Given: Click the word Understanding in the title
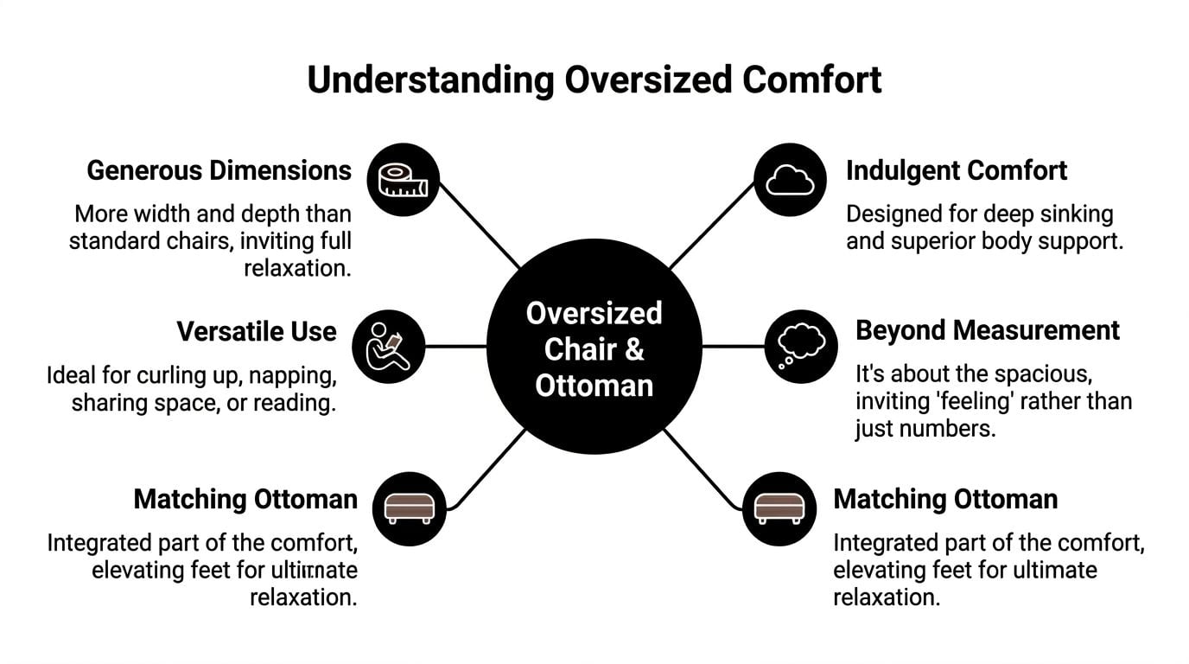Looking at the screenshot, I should click(429, 80).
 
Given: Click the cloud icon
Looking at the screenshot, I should click(790, 180).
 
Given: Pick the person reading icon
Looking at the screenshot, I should click(389, 347).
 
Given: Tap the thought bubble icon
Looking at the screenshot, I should click(800, 346).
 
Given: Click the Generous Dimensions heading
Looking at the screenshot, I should click(219, 170).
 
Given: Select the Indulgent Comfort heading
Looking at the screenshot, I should click(957, 170).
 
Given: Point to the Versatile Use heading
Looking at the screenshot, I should click(257, 331).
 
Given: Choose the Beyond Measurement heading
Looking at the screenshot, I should click(988, 330).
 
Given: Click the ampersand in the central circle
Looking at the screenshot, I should click(633, 349).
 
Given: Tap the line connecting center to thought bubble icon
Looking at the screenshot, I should click(733, 347).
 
